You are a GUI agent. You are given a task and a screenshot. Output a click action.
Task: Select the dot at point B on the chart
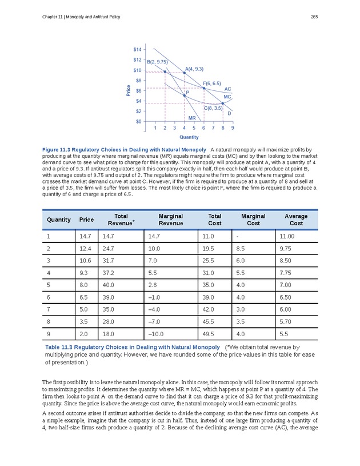point(165,71)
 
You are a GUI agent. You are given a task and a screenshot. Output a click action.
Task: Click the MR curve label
point(192,118)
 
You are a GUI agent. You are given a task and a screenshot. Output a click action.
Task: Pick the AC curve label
point(227,89)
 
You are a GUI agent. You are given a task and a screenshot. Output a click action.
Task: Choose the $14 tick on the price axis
point(138,50)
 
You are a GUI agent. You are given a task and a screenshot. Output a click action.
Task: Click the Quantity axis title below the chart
point(189,137)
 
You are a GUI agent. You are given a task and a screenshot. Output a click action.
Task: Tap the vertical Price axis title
point(127,90)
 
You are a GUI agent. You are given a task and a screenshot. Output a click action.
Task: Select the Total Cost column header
point(215,220)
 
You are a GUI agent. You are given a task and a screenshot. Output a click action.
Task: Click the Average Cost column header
point(295,220)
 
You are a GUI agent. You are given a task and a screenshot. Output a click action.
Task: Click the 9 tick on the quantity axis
point(232,128)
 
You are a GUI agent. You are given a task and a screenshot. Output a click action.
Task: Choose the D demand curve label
point(229,113)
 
